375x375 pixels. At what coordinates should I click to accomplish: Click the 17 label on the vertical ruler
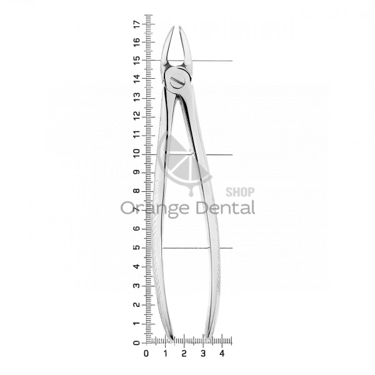(x=137, y=24)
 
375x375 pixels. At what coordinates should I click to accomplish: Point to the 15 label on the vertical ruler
(x=137, y=61)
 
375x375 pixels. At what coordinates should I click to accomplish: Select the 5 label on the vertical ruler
(x=137, y=247)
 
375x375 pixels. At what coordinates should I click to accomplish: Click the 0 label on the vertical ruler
(x=136, y=343)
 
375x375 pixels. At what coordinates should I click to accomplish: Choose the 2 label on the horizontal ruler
(x=184, y=354)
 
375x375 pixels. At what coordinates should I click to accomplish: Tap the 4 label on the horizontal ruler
(x=222, y=354)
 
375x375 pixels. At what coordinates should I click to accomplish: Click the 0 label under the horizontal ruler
(x=146, y=354)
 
